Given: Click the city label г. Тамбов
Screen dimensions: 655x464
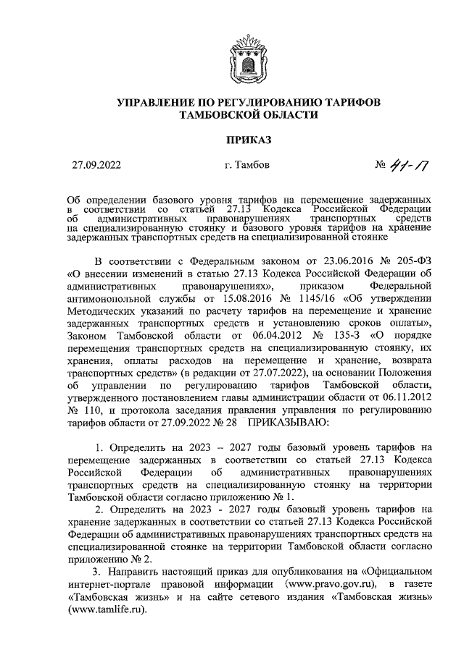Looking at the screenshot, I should [x=246, y=165].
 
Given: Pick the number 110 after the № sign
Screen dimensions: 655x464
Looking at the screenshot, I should [x=88, y=410].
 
